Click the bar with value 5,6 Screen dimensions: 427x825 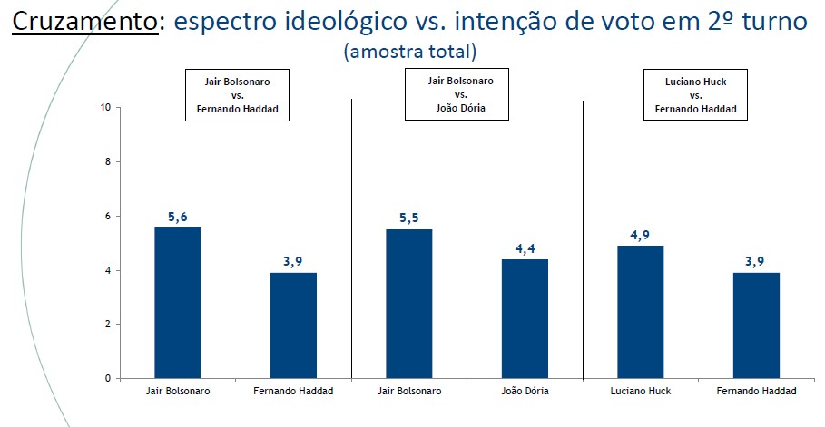pos(178,302)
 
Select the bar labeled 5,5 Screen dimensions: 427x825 pos(409,304)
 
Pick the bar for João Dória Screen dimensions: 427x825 pos(525,318)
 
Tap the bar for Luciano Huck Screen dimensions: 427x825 pos(642,312)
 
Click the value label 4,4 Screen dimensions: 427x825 pos(526,248)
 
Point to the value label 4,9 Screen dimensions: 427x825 pos(642,235)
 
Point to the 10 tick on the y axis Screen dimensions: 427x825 pos(105,108)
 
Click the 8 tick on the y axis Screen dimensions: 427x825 pos(107,161)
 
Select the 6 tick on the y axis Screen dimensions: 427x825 pos(107,216)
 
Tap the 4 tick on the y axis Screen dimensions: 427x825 pos(107,270)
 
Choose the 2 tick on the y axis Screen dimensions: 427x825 pos(107,324)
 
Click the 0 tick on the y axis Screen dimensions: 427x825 pos(107,378)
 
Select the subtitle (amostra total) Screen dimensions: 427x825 pos(409,51)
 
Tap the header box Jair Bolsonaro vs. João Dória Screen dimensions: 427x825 pos(460,94)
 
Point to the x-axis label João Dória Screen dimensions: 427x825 pos(525,391)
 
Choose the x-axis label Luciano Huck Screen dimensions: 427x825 pos(642,391)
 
